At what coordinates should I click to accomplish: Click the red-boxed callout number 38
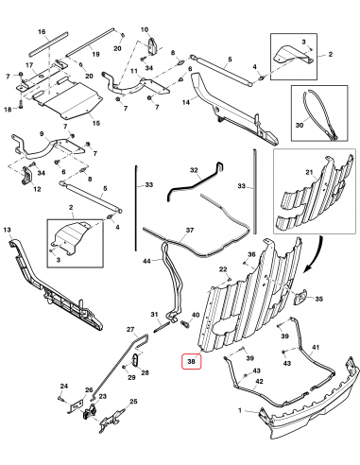191,361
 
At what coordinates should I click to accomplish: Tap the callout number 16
42,32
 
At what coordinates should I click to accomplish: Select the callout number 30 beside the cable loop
300,125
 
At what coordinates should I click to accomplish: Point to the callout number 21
309,172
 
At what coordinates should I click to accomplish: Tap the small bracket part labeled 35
300,297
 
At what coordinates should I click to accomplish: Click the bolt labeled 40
184,324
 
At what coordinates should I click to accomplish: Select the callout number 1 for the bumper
240,410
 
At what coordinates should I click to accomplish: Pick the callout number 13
7,230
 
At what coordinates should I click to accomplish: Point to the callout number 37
190,230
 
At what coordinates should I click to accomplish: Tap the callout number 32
194,170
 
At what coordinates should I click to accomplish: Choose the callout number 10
145,29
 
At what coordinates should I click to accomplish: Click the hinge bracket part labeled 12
27,177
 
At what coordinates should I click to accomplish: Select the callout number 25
134,402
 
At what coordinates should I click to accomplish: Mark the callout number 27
130,330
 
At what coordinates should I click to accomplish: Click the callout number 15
95,123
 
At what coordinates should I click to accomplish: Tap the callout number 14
186,102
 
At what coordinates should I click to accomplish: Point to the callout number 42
259,381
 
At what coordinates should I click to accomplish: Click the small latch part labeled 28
136,360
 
